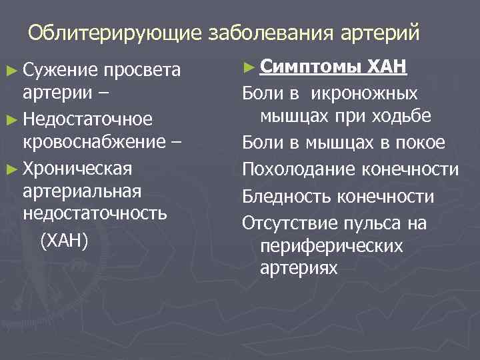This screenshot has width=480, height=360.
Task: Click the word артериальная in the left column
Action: [x=81, y=191]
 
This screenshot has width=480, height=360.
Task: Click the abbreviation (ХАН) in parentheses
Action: [x=64, y=239]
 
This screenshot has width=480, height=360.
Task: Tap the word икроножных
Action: [x=366, y=93]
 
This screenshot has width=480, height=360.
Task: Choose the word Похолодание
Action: [x=299, y=170]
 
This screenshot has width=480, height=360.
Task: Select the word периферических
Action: [x=331, y=246]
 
